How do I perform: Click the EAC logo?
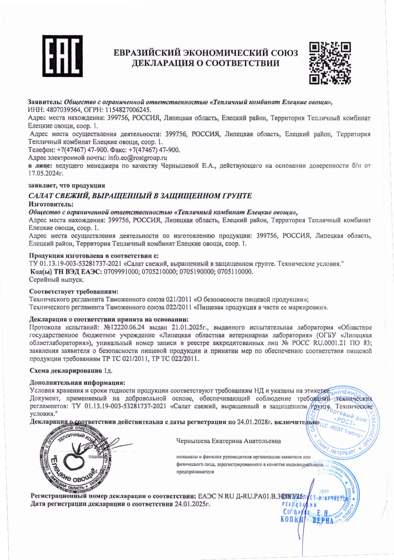62,56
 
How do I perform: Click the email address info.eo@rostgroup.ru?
138,158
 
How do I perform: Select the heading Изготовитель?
51,204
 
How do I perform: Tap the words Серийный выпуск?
56,280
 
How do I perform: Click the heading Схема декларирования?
66,371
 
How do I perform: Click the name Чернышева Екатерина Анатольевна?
229,441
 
